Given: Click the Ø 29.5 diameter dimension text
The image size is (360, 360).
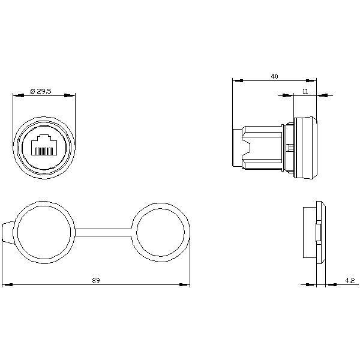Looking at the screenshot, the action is click(x=41, y=91).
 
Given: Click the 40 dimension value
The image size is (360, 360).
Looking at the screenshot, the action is click(x=274, y=76).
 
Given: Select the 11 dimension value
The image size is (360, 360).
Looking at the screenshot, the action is click(x=305, y=91).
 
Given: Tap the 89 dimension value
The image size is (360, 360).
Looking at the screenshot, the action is click(x=96, y=281).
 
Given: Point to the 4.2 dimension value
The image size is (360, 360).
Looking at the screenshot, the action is click(x=350, y=280).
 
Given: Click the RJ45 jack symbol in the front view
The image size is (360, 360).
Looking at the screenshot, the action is click(x=44, y=145).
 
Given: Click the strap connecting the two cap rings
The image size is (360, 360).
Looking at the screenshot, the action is click(x=103, y=232).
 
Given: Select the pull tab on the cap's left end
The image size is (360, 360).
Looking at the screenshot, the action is click(x=8, y=233).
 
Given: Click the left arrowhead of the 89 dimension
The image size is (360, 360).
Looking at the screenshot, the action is click(x=7, y=284).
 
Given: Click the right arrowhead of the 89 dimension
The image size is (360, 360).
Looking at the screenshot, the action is click(x=185, y=284).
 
